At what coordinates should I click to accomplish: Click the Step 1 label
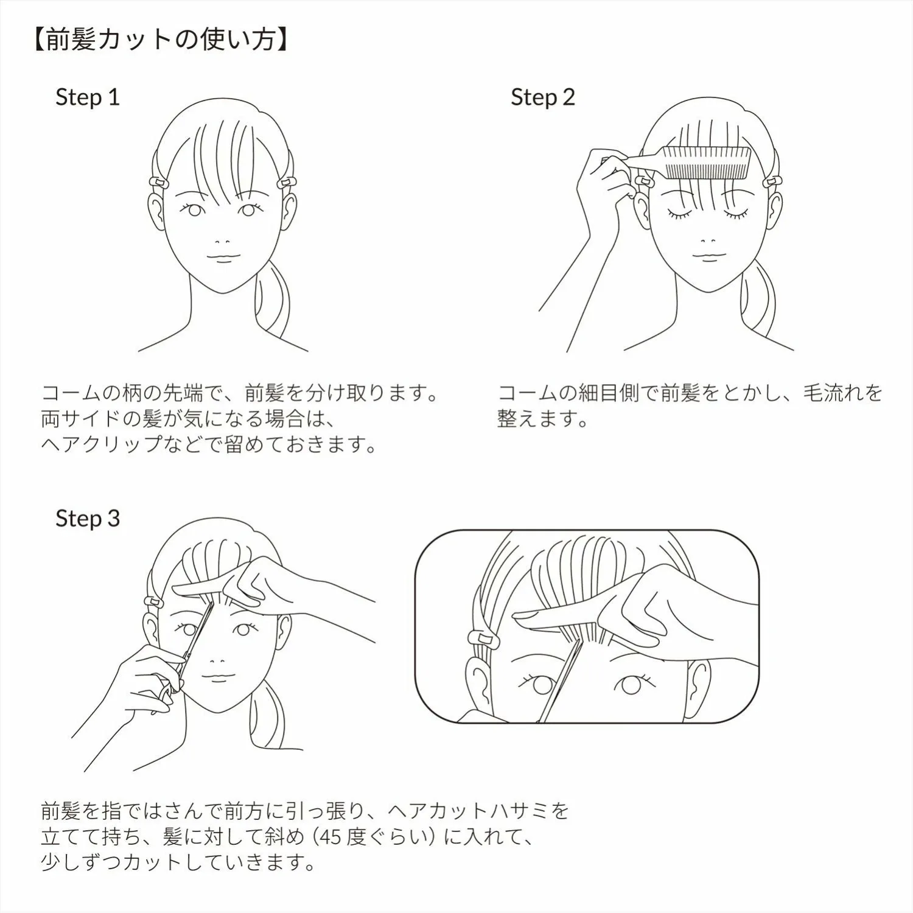click(88, 97)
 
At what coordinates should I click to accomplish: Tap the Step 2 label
click(543, 97)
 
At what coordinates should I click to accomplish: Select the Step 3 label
click(88, 519)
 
